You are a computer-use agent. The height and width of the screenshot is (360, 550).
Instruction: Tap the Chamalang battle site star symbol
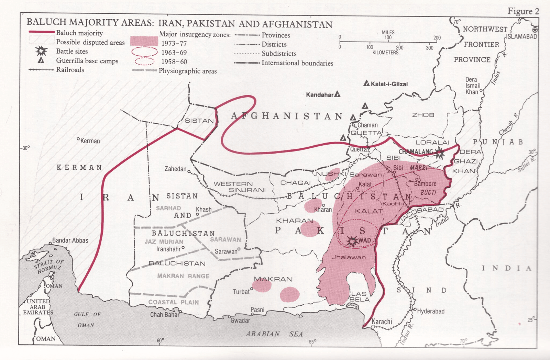coord(439,153)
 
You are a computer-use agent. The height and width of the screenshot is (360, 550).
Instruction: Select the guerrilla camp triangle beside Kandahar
coord(338,94)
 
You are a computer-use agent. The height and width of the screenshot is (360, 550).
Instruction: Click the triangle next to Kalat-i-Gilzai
coord(366,83)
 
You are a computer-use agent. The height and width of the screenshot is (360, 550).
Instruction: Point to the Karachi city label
coord(382,322)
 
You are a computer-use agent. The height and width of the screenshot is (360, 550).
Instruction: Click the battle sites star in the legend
coord(41,51)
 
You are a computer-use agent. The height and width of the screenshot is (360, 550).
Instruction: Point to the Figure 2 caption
coord(523,11)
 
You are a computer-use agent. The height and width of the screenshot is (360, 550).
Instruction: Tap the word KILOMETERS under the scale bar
coord(385,53)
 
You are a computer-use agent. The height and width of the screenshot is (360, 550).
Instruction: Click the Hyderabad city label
coord(431,311)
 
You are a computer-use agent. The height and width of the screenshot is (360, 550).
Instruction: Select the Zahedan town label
coord(175,169)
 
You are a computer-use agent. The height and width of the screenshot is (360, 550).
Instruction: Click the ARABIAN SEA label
coord(274,334)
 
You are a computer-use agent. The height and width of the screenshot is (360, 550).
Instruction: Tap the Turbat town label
coord(241,292)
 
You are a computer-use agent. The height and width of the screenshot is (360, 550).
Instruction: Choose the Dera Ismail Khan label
coord(472,86)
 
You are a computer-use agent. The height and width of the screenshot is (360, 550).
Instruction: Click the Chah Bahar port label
coord(165,315)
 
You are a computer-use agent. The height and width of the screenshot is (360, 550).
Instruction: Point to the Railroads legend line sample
coord(41,70)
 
